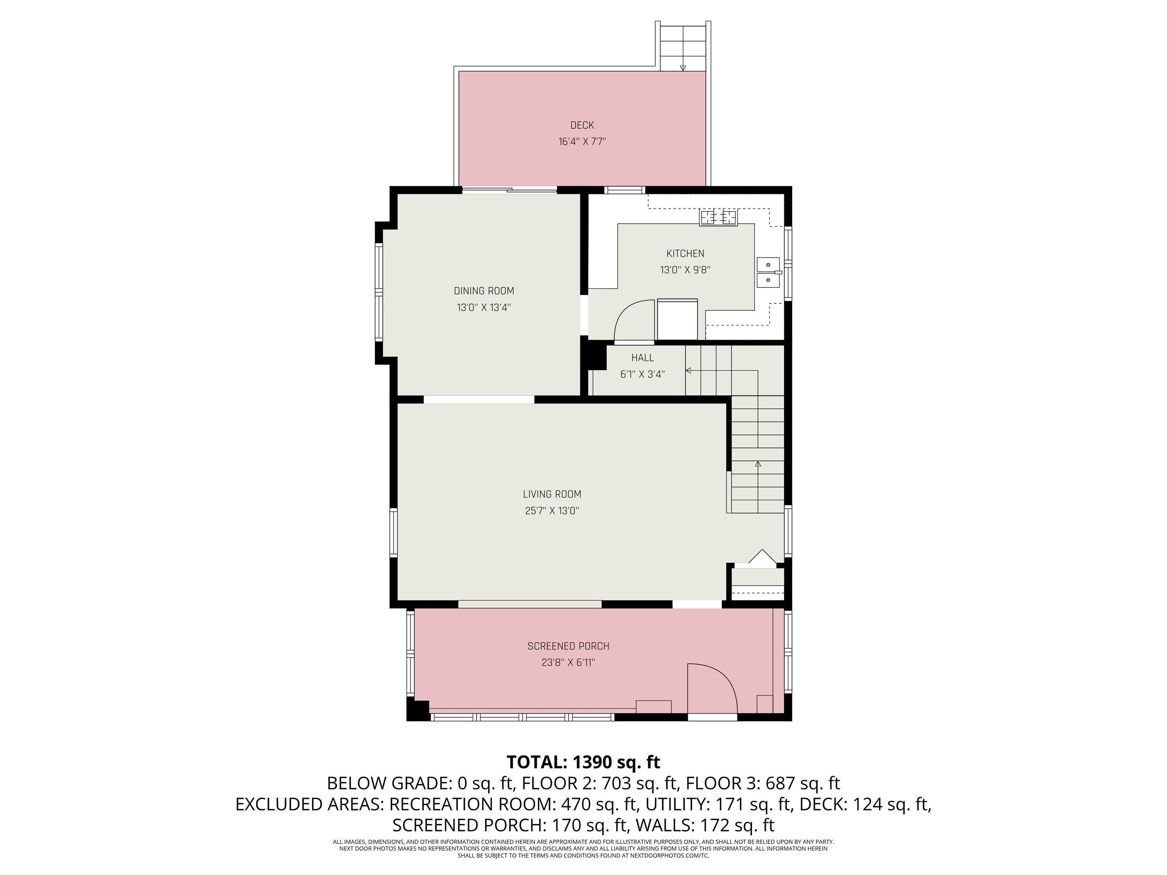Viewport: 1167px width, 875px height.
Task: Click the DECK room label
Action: click(582, 125)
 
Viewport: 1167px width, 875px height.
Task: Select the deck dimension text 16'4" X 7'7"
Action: click(582, 141)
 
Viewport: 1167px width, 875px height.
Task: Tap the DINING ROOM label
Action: click(484, 291)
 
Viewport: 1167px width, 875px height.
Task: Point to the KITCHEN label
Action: click(685, 253)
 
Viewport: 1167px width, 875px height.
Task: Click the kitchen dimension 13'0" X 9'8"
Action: click(685, 270)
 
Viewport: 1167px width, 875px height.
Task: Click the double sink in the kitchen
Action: click(769, 272)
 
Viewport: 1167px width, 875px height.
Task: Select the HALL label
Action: click(643, 358)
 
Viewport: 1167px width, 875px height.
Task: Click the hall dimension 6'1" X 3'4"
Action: click(643, 374)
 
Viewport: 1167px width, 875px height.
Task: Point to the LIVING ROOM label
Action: click(552, 494)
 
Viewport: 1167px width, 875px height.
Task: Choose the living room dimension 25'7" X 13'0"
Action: click(552, 510)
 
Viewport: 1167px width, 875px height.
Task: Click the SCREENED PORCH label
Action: click(568, 646)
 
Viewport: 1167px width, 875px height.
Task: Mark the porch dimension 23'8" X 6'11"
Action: click(568, 662)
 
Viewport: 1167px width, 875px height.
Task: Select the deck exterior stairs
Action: click(683, 46)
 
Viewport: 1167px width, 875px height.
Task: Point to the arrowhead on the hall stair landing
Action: click(688, 371)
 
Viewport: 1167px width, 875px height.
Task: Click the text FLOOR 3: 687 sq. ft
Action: click(763, 783)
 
